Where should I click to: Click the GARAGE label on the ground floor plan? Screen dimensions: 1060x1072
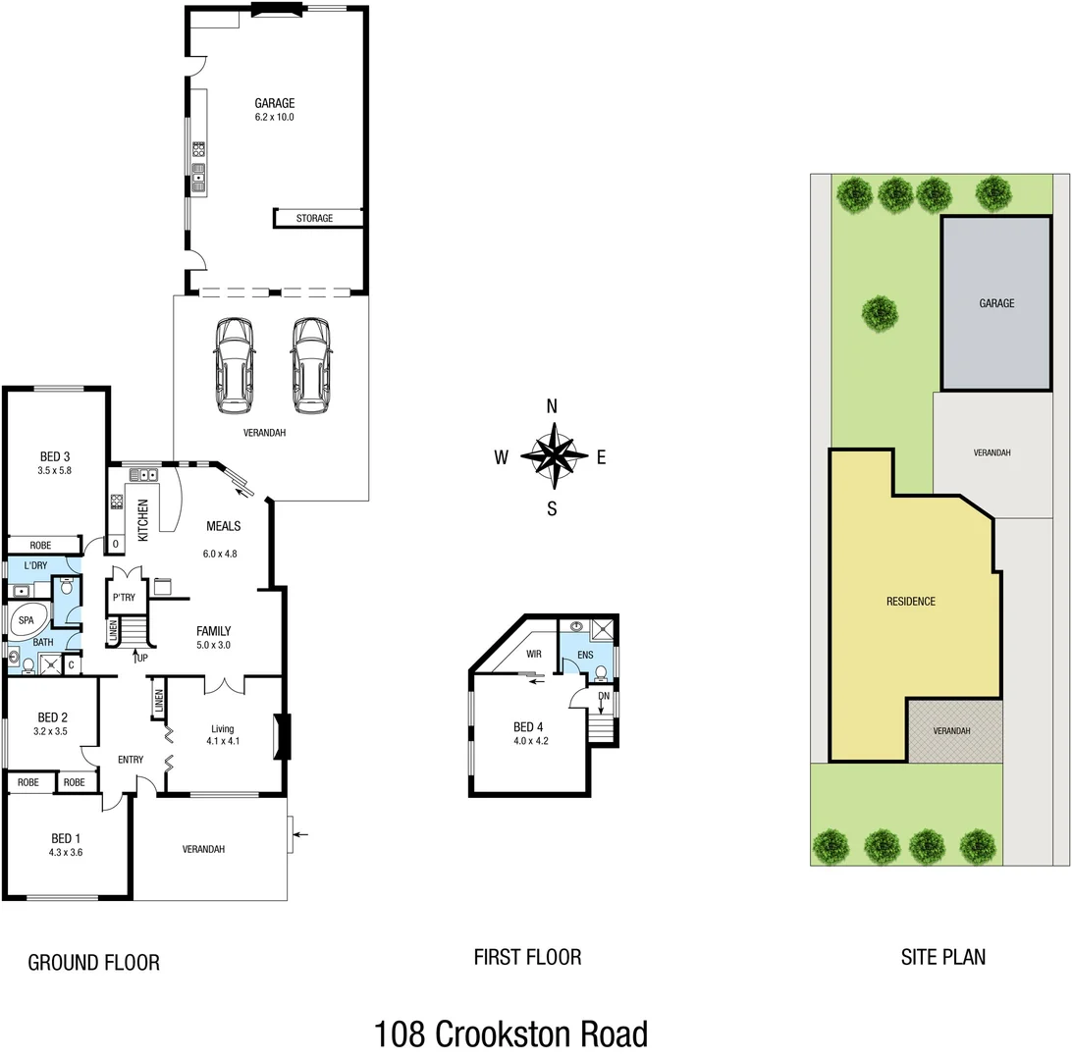[275, 103]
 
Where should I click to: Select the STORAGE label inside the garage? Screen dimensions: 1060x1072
[315, 218]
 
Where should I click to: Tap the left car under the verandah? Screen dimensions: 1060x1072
[235, 364]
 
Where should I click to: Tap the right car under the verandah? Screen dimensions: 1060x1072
[310, 364]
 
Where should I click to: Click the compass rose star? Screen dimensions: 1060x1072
[555, 454]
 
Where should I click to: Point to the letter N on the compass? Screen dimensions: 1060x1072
[553, 407]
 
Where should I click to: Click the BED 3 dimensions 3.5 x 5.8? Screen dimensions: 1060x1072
[55, 470]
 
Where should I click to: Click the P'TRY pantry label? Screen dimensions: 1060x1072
[124, 598]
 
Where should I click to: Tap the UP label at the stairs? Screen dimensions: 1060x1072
[142, 658]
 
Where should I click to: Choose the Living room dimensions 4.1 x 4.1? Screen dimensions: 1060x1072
[224, 741]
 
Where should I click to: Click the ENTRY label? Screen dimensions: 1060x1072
[131, 760]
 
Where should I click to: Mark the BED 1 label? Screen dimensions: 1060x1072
[66, 838]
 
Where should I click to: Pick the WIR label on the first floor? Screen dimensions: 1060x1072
[535, 653]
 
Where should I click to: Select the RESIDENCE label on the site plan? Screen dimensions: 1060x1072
[910, 602]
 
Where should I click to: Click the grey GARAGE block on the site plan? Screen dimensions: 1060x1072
[995, 304]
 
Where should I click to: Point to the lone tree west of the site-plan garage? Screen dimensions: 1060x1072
[880, 313]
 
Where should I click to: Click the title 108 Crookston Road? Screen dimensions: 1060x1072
[510, 1034]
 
